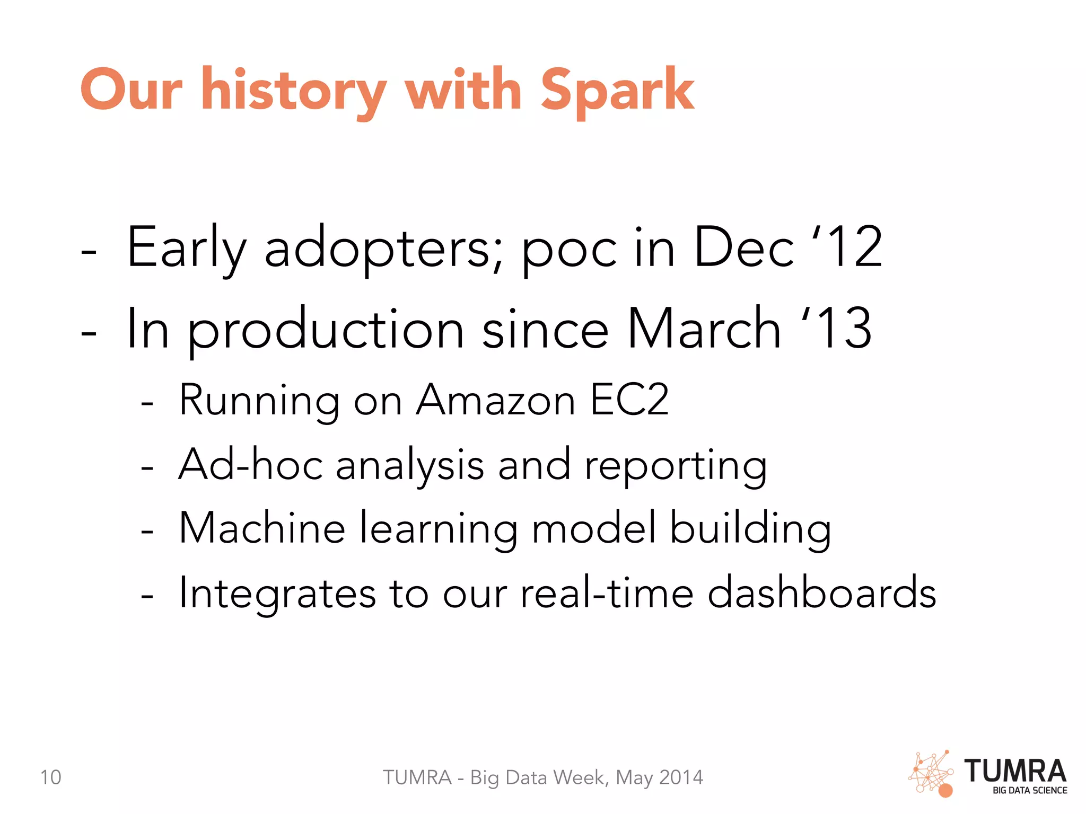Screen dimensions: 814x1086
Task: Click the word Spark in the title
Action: (617, 91)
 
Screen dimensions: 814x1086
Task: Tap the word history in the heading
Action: (293, 91)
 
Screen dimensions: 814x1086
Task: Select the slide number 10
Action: (50, 777)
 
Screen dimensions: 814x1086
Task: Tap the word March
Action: (704, 329)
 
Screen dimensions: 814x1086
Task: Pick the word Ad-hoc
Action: (250, 464)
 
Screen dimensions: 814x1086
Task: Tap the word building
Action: (750, 529)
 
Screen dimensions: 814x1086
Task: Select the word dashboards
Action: (821, 592)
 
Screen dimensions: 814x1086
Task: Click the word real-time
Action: (606, 592)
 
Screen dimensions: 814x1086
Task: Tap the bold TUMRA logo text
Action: (1015, 771)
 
